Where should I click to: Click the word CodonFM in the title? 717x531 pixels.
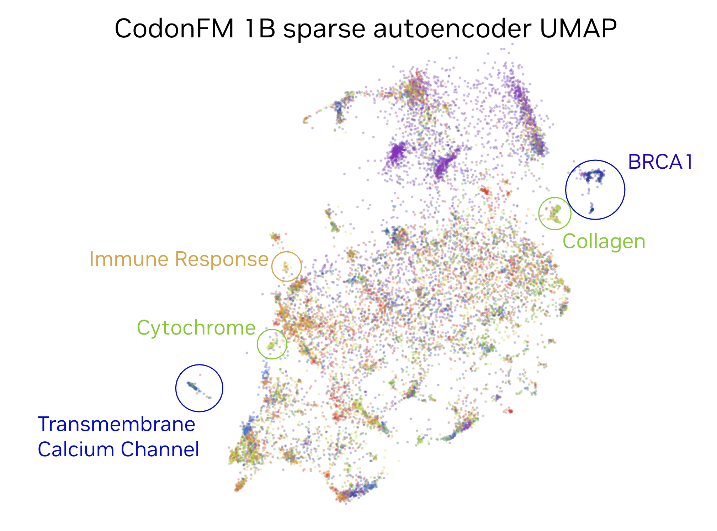[x=174, y=28]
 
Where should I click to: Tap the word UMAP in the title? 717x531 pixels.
[x=578, y=28]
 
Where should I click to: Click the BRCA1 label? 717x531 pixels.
[x=660, y=162]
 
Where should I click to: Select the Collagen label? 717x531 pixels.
[x=604, y=242]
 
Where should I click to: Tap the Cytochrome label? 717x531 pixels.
[x=196, y=327]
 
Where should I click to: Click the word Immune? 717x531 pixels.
[x=129, y=259]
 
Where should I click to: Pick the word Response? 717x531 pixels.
[x=222, y=259]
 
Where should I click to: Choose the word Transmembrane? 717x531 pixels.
[x=116, y=424]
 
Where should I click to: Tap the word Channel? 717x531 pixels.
[x=160, y=449]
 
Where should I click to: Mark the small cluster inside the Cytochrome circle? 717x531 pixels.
[x=272, y=345]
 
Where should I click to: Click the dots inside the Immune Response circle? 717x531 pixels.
[x=286, y=266]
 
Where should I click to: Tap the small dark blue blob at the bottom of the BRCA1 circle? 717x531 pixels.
[x=591, y=209]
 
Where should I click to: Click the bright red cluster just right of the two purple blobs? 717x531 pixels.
[x=484, y=191]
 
